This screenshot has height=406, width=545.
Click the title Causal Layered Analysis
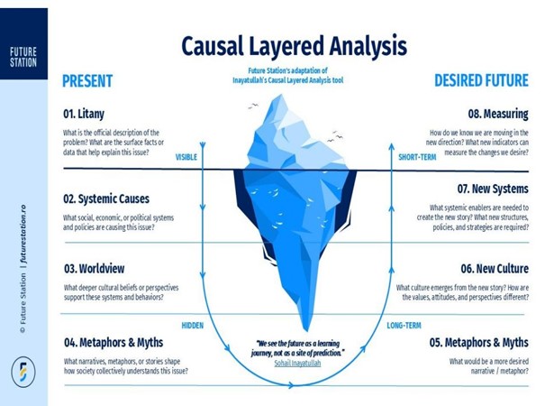pos(294,44)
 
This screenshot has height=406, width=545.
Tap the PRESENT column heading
pos(87,80)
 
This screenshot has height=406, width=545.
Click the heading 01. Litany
pos(88,115)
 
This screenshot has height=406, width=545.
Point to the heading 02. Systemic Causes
pos(106,198)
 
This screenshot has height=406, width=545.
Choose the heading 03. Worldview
pos(94,269)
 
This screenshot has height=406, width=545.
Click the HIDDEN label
pos(192,324)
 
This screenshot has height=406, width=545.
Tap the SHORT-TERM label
pos(417,156)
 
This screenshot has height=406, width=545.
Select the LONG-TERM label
pos(405,324)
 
